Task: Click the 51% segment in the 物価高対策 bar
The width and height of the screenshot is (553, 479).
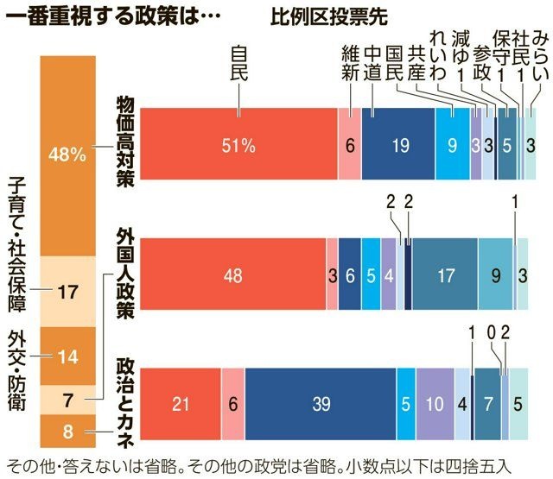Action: click(238, 144)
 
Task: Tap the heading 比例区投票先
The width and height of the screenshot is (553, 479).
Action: click(329, 16)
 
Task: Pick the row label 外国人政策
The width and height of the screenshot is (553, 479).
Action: click(125, 274)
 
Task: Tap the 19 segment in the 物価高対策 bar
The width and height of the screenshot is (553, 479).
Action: click(398, 144)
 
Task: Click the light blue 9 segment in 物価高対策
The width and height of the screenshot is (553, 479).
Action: click(452, 144)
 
